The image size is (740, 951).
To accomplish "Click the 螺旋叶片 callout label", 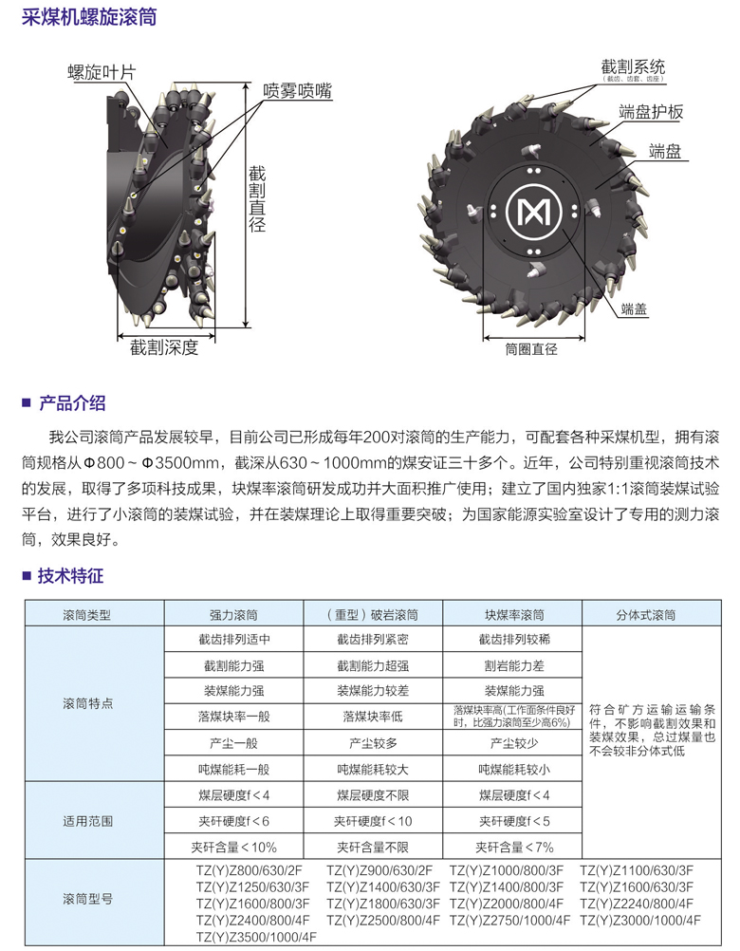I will coord(102,72).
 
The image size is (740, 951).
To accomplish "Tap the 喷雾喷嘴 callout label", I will coord(297,92).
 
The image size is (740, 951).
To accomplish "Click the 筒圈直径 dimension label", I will coord(531,348).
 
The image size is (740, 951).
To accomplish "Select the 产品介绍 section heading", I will coord(71,402).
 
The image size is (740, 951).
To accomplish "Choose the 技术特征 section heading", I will coord(71,575).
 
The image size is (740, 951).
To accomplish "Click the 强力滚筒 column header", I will coord(233,614).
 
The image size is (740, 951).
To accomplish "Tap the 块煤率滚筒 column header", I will coord(512,614).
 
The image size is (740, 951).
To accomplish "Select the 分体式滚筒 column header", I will coord(645,614).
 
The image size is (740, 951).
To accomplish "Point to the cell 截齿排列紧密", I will coord(373,640).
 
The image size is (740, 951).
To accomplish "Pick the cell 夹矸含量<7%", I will coord(512,847).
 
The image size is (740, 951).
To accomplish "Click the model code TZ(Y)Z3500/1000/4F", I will coord(255,937).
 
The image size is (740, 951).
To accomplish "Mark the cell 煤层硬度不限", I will coord(373,794).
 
